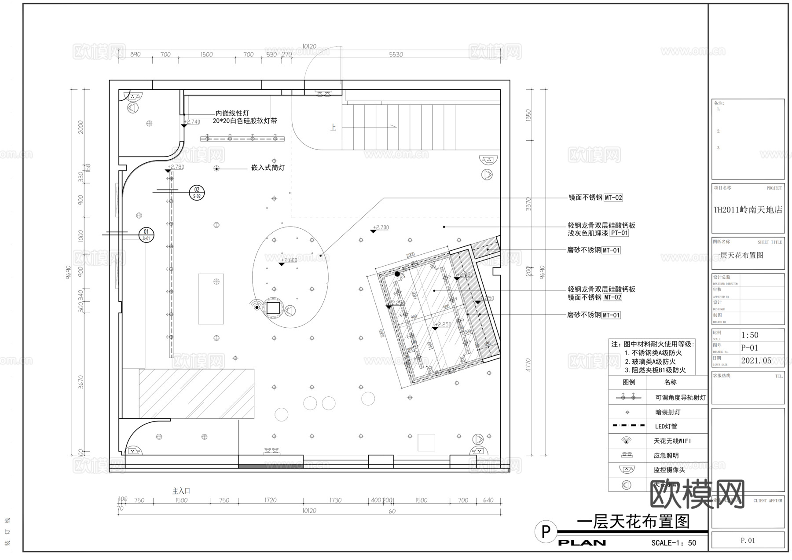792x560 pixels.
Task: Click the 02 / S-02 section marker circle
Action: [x=197, y=193]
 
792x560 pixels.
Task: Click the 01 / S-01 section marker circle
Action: [x=146, y=234]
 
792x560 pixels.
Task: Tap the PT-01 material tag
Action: [x=619, y=233]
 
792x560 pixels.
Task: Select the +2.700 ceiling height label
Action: [x=381, y=227]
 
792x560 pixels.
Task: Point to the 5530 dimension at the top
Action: [x=396, y=55]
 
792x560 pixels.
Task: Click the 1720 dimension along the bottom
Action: [x=270, y=500]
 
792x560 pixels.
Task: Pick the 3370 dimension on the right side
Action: [x=528, y=204]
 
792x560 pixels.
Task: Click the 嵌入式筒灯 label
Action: [x=268, y=168]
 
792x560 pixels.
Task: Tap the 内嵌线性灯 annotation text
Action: [x=232, y=113]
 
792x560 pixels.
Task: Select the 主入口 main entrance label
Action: [x=181, y=490]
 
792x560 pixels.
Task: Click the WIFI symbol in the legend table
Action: [x=626, y=440]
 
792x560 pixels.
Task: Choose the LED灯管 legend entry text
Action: [x=666, y=426]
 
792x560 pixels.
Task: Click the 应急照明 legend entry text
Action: [x=666, y=455]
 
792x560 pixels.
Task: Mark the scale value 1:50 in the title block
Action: [x=750, y=335]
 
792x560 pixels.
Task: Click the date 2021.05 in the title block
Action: [x=756, y=361]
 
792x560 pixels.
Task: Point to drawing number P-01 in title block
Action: [x=749, y=348]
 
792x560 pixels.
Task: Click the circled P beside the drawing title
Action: [x=546, y=532]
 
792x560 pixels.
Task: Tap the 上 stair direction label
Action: [x=334, y=128]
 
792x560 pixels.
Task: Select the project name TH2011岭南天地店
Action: [x=748, y=210]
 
